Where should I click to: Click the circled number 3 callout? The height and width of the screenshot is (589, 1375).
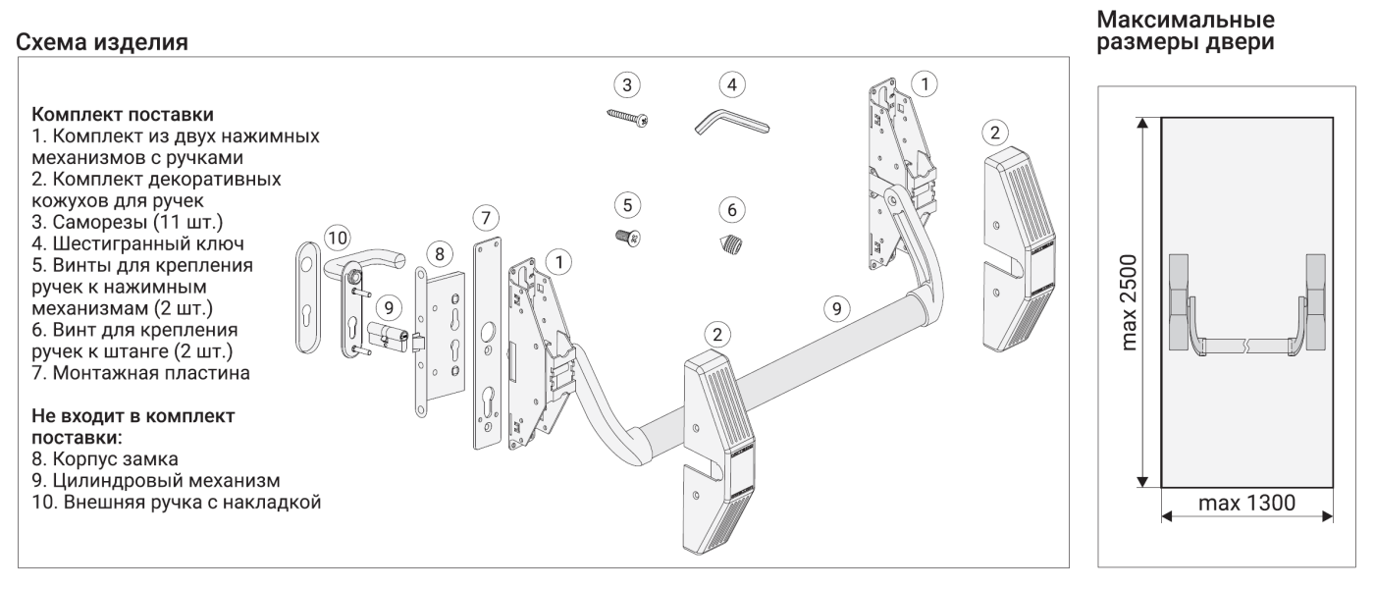click(628, 82)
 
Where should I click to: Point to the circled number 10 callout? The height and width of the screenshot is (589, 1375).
click(337, 238)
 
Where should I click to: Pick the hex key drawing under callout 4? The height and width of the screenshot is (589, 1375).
click(731, 124)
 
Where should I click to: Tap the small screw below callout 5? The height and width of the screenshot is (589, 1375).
click(628, 239)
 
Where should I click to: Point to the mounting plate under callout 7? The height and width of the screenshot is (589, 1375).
click(488, 344)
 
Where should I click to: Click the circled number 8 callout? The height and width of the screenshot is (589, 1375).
click(439, 253)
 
